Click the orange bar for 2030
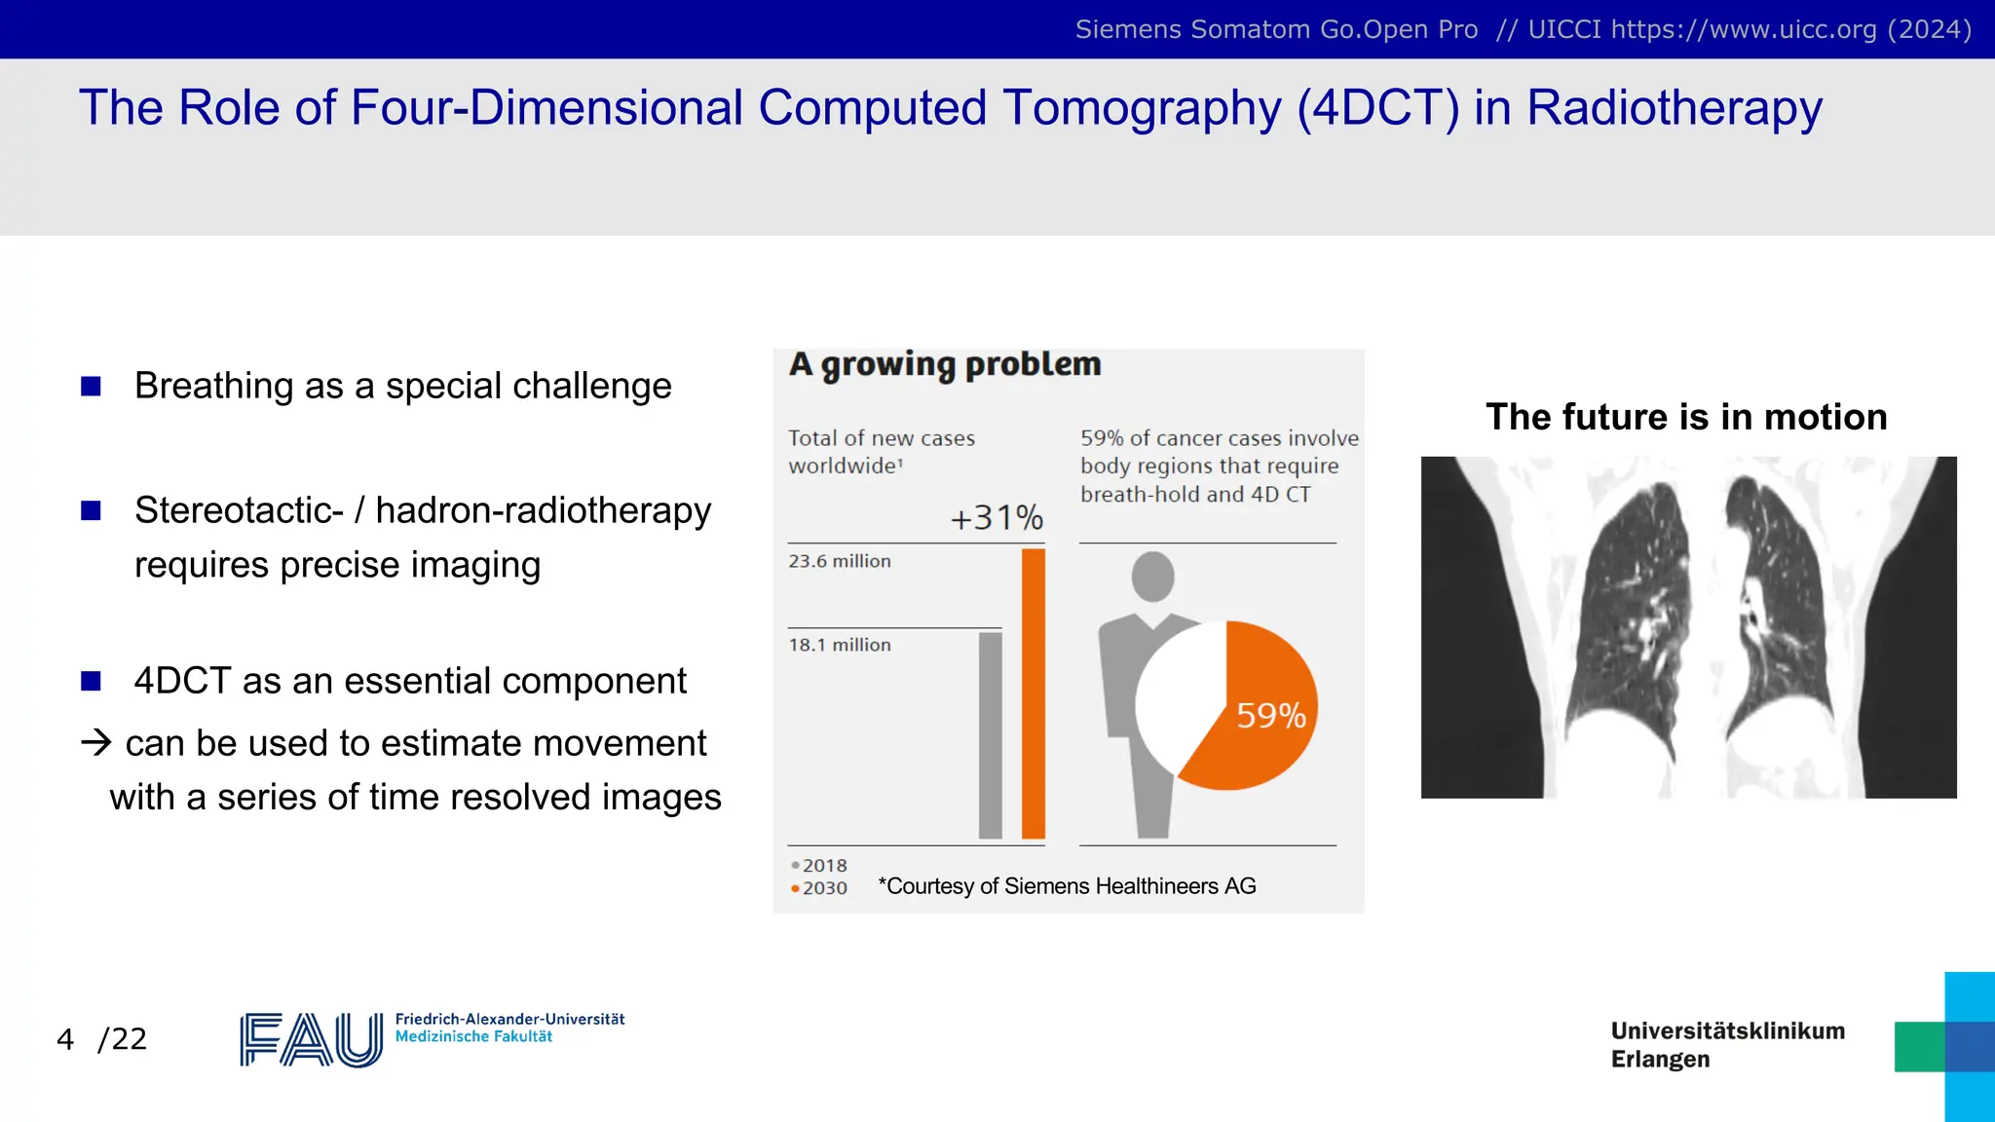coord(1033,693)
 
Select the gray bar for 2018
coord(990,735)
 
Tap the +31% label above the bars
coord(996,517)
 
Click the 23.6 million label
coord(840,561)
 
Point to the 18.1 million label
coord(840,645)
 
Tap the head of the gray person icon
coord(1152,576)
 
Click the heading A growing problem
coord(945,364)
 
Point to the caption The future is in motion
coord(1686,417)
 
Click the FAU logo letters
coord(311,1040)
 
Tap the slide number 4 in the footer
coord(65,1039)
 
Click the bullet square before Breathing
coord(91,387)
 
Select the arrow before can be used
coord(96,743)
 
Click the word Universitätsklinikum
coord(1727,1030)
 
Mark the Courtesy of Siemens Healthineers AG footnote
coord(1067,886)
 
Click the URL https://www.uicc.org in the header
coord(1744,29)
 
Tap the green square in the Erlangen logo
coord(1918,1047)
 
